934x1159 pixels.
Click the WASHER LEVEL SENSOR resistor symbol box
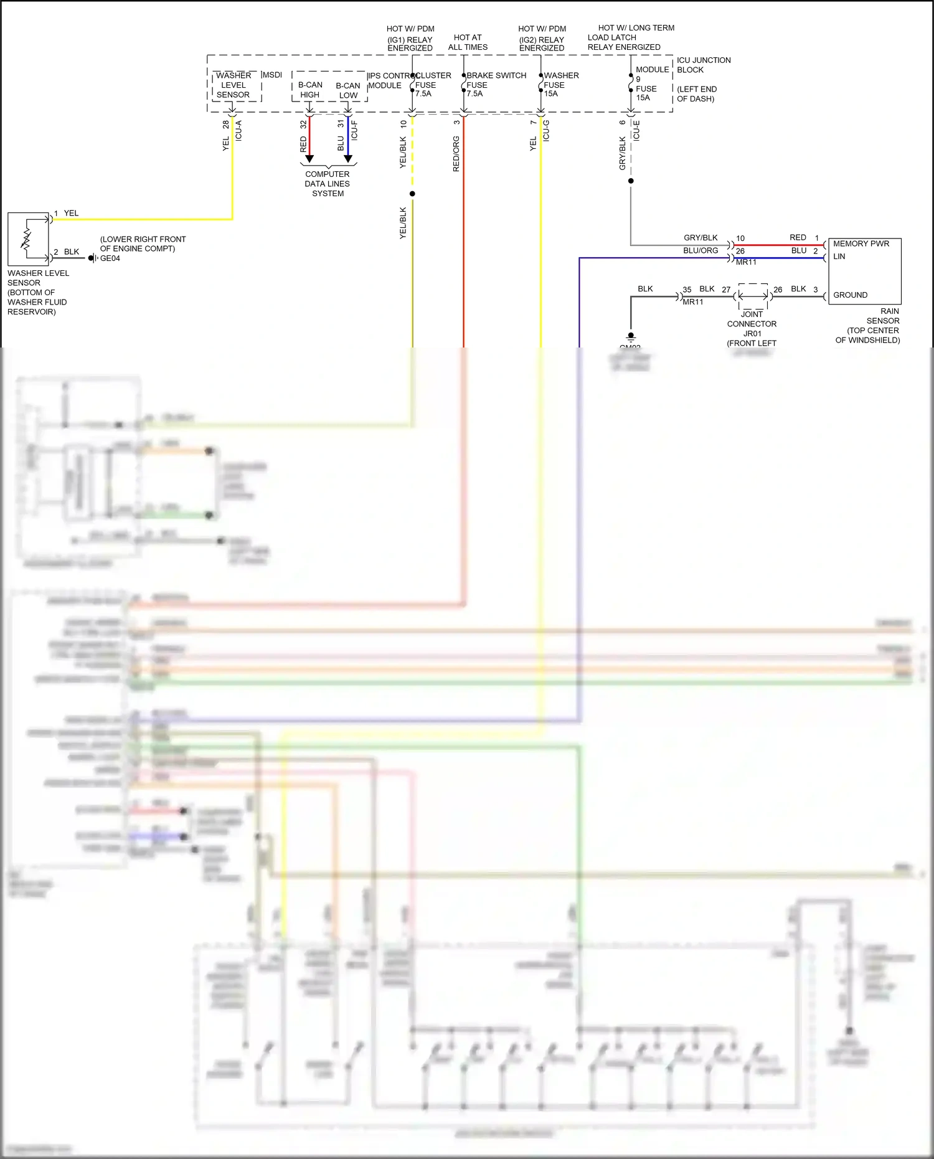pos(28,239)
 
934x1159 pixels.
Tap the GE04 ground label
pos(110,258)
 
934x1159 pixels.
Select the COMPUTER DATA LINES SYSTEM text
pos(328,184)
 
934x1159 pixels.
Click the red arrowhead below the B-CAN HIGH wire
pos(309,159)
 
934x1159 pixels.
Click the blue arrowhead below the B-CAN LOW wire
pos(348,159)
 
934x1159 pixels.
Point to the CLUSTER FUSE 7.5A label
pos(432,85)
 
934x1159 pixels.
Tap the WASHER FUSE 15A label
pos(560,85)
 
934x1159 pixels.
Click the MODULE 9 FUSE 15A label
pos(650,83)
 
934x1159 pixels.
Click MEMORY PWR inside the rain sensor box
pos(861,244)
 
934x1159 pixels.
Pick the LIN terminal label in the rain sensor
pos(839,257)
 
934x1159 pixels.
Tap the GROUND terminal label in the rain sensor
pos(850,295)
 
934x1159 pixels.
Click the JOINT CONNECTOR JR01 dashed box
pos(753,296)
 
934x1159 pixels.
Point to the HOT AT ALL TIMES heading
pos(468,42)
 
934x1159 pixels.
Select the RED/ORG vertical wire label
pos(456,154)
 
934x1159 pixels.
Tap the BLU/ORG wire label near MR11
pos(700,250)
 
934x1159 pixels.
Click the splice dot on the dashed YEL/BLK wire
pos(412,194)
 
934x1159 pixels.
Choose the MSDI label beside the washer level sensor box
pos(272,75)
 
